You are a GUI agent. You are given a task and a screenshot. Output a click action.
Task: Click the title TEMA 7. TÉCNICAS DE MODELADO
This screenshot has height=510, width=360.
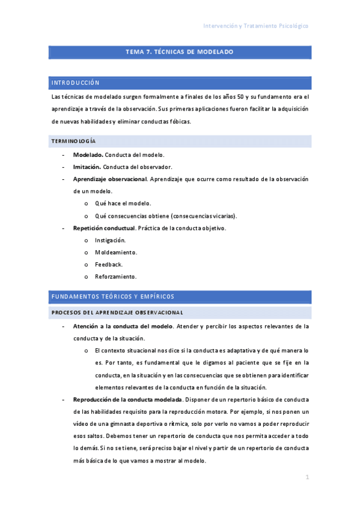tap(179, 52)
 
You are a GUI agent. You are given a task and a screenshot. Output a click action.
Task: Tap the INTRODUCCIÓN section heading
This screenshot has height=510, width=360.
tap(76, 82)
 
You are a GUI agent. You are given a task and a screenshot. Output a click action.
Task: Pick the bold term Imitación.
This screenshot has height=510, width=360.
tap(87, 167)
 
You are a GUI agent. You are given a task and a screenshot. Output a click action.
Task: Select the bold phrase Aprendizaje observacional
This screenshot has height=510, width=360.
tap(110, 179)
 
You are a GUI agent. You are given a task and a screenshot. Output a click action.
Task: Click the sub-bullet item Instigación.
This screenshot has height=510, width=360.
tap(111, 240)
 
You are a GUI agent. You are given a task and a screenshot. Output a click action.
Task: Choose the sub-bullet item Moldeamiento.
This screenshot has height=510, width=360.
tap(116, 252)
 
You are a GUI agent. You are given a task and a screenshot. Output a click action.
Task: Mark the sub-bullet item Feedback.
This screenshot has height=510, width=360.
tap(109, 265)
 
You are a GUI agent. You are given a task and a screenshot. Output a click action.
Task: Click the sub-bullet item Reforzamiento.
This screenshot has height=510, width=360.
tap(116, 277)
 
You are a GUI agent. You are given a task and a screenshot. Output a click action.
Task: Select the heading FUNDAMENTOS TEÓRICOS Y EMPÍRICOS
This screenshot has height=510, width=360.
tap(113, 296)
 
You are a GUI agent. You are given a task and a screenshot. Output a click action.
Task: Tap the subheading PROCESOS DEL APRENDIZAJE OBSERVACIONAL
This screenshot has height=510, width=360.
tap(117, 312)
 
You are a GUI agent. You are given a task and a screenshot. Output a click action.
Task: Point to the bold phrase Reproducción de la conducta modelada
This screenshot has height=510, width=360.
tap(127, 399)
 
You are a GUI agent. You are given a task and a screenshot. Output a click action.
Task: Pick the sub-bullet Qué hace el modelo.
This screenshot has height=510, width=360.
tap(123, 203)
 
